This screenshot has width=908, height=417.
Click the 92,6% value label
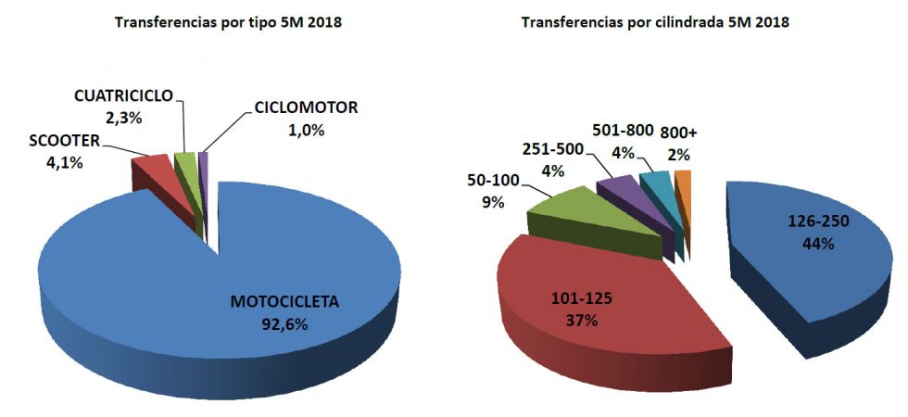(x=284, y=324)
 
